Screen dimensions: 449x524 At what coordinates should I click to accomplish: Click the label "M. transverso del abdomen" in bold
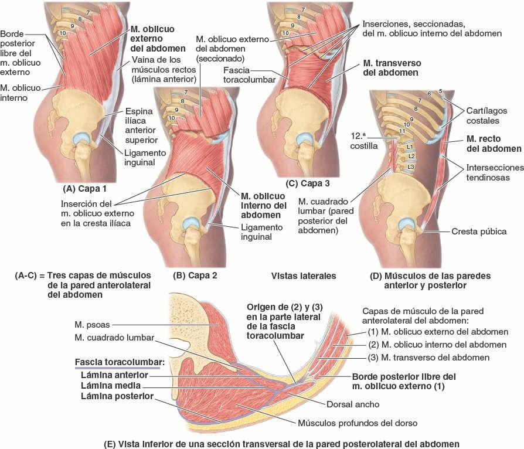[391, 67]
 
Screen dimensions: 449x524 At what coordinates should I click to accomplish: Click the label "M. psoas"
[91, 324]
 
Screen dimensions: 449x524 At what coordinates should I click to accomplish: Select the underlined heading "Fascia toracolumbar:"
[120, 362]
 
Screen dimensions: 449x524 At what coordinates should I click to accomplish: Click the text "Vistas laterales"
[303, 274]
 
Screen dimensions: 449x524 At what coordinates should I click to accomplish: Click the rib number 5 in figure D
[440, 91]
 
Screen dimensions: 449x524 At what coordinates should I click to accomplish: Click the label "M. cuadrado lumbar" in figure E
[114, 338]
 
